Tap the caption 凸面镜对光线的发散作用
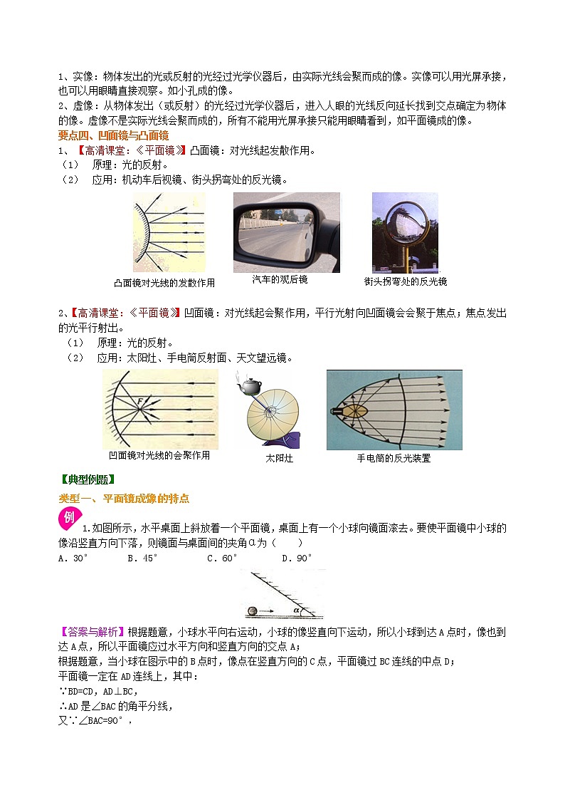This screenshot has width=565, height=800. point(164,283)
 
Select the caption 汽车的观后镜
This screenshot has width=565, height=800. point(280,280)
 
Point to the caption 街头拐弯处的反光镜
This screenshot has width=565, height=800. point(406,281)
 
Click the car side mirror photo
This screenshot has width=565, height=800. point(286,232)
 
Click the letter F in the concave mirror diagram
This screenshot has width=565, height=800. point(142,403)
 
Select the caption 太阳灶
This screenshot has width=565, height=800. point(279,458)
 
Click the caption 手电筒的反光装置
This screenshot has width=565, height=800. point(394,458)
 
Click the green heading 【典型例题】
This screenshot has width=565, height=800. point(88,479)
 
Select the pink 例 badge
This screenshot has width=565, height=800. point(69,519)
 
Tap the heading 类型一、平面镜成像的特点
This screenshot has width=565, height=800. point(124,499)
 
